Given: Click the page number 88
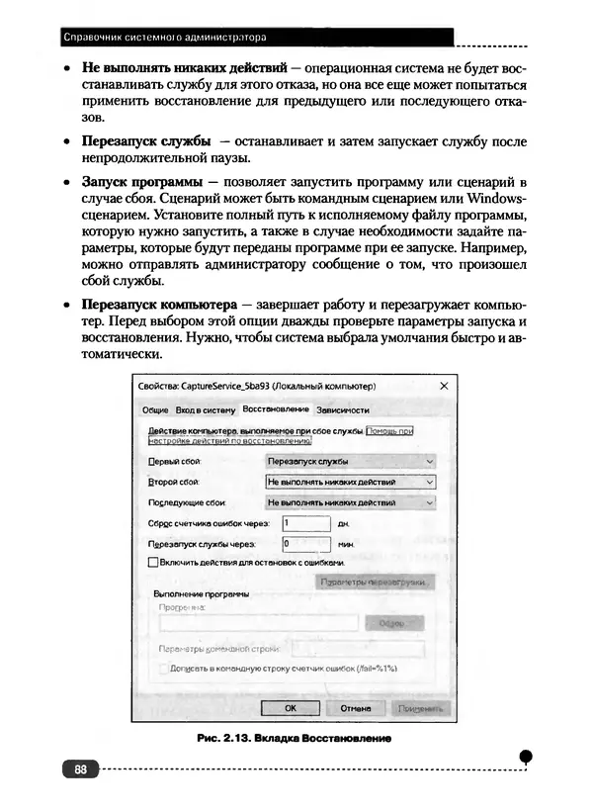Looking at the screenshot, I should pos(80,768).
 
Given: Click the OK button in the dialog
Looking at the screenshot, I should pos(290,708).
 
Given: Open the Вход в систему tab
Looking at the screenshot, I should pos(206,409).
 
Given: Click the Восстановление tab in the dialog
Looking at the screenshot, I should pos(276,409).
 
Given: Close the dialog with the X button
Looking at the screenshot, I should pos(444,385).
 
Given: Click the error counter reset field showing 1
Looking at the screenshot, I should pos(304,523).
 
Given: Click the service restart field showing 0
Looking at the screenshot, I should pos(304,544).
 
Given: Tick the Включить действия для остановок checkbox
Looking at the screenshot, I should pos(152,562).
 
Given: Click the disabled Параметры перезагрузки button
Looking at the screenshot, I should pos(377,583).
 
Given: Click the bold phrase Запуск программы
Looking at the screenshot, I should pos(142,184).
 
